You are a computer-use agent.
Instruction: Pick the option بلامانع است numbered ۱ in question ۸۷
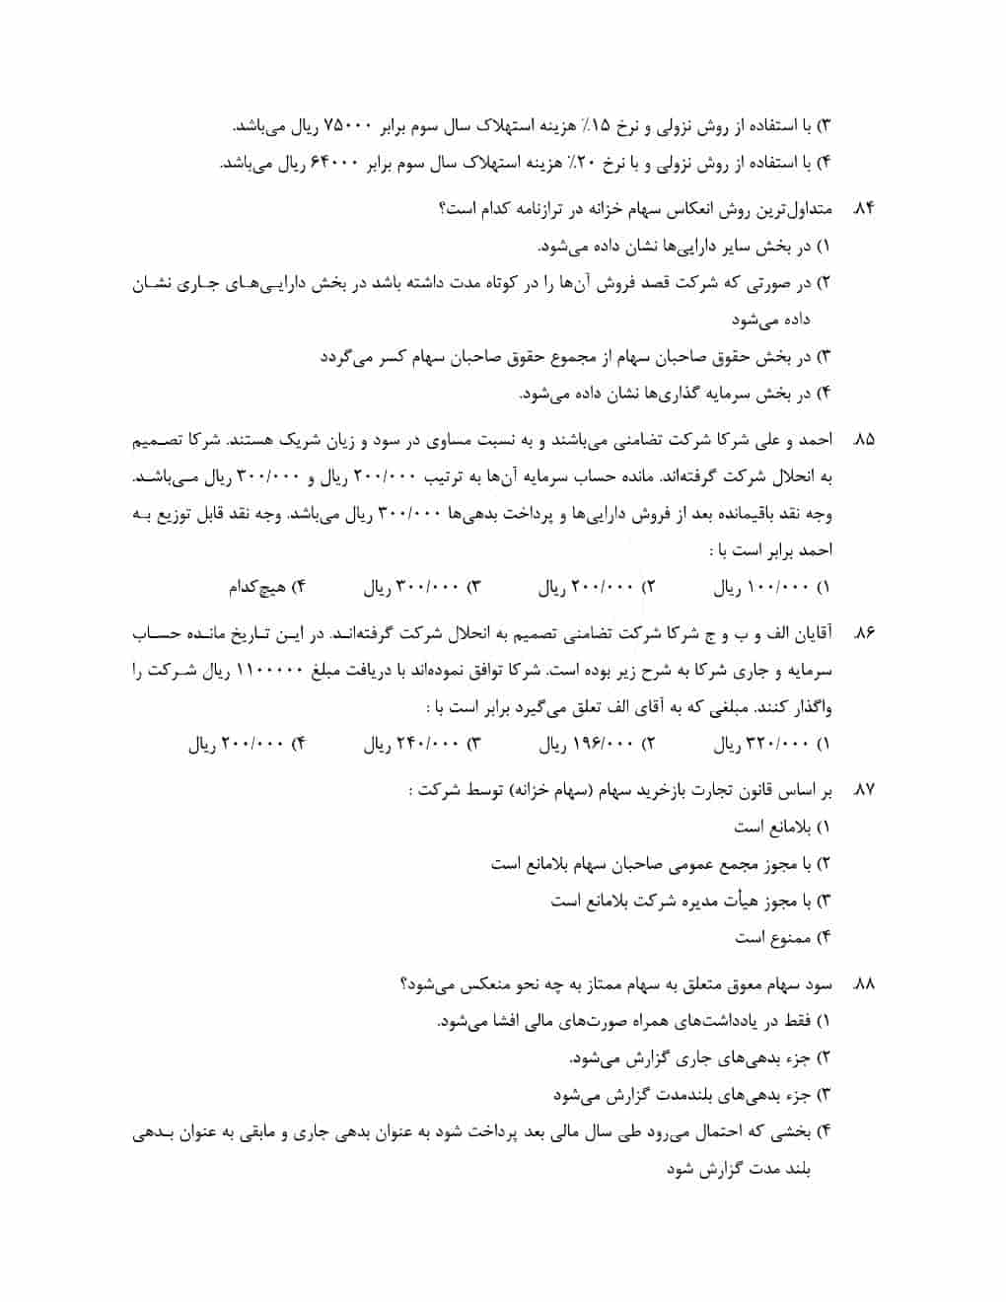771,826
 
